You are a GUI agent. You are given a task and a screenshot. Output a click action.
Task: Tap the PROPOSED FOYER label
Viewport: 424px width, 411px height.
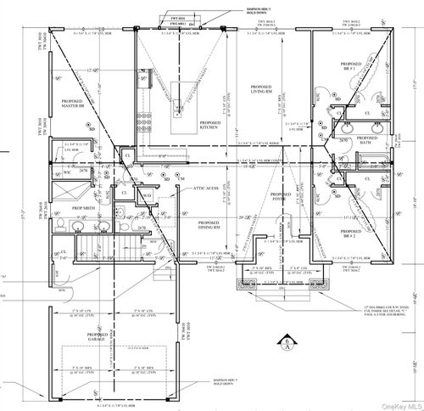point(280,200)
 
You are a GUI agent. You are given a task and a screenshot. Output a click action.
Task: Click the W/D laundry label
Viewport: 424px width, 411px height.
point(146,194)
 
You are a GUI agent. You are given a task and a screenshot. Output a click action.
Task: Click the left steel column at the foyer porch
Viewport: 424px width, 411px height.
point(249,283)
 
